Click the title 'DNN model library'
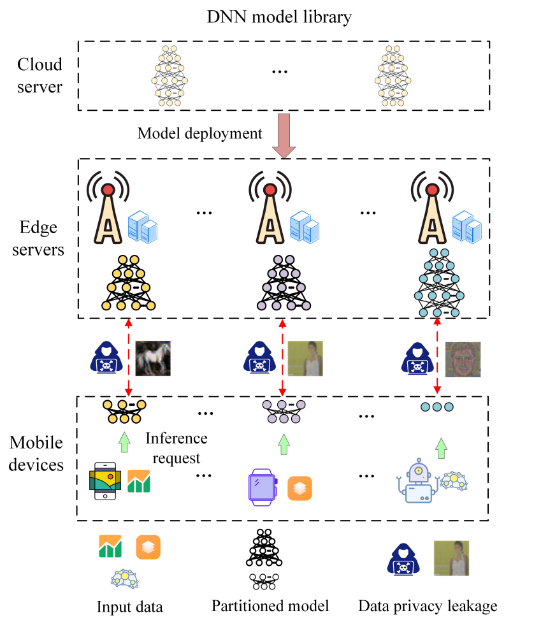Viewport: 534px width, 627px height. (279, 17)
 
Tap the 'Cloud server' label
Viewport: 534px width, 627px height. (40, 75)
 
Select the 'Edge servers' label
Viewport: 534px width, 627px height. (40, 239)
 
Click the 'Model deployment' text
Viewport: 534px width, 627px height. (200, 133)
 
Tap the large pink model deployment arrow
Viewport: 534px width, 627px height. (282, 136)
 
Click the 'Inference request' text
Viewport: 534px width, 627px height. (176, 448)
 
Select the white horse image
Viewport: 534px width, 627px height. (153, 357)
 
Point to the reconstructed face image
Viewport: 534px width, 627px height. (462, 359)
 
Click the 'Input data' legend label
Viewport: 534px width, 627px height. (129, 606)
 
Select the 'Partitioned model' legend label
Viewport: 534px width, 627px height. (270, 605)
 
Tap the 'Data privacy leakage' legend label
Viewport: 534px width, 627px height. (428, 605)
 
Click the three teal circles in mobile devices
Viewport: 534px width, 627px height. (437, 406)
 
